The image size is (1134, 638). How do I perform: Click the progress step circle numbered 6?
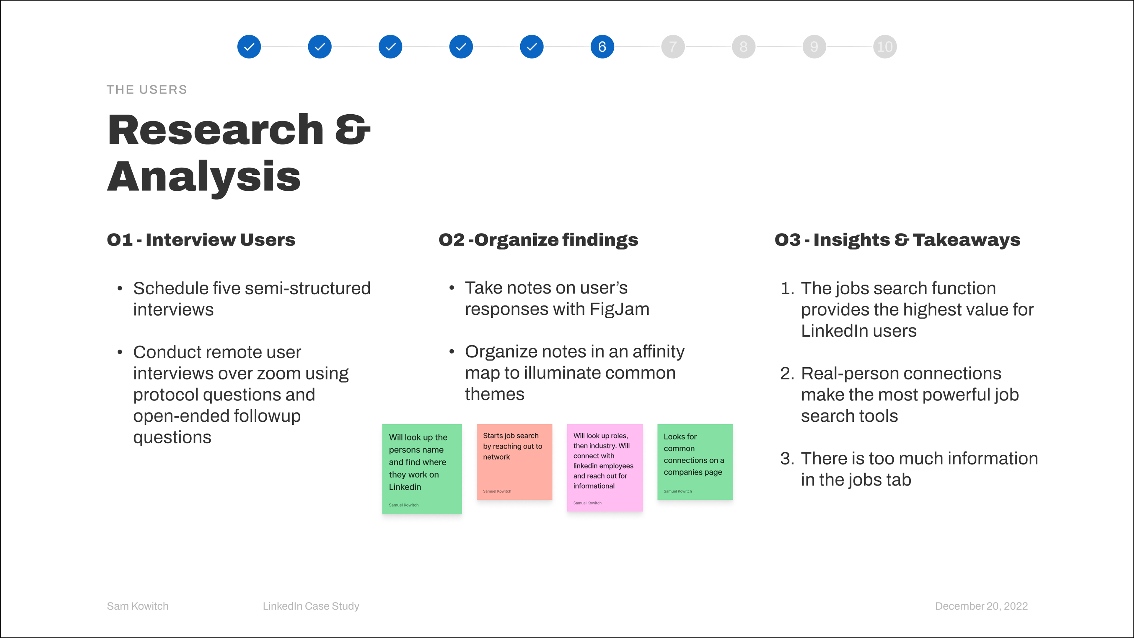pyautogui.click(x=602, y=47)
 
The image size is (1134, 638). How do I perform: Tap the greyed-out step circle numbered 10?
pyautogui.click(x=885, y=47)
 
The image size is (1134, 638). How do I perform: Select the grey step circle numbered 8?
pyautogui.click(x=744, y=47)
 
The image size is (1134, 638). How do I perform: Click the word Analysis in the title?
pyautogui.click(x=204, y=177)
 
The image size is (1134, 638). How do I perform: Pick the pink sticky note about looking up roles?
pyautogui.click(x=605, y=467)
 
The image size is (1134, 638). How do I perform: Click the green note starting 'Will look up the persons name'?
pyautogui.click(x=422, y=469)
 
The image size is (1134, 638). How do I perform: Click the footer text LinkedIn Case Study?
pyautogui.click(x=311, y=606)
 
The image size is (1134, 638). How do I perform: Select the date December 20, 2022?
pyautogui.click(x=981, y=606)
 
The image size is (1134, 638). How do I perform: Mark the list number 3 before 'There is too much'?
pyautogui.click(x=786, y=459)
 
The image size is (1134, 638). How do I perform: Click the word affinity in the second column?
pyautogui.click(x=658, y=352)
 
